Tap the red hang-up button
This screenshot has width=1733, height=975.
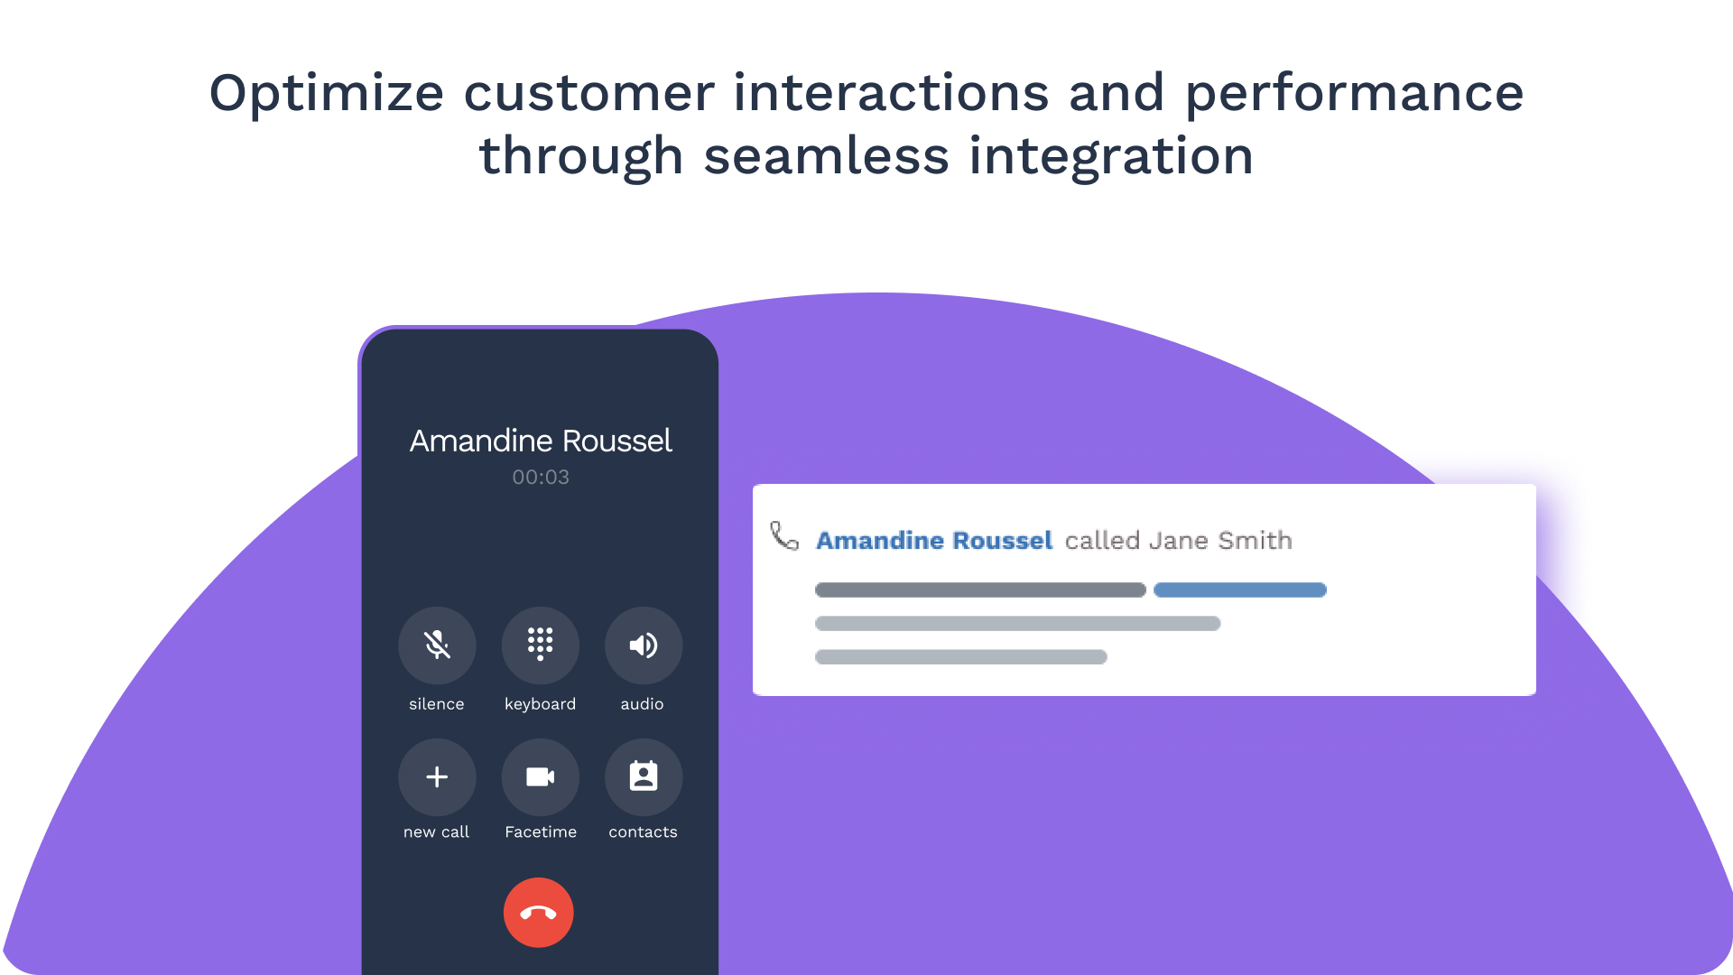pos(538,913)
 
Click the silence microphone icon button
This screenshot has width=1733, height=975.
pos(437,645)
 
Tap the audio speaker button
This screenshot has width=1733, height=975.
pos(644,645)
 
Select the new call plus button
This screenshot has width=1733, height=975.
pos(437,777)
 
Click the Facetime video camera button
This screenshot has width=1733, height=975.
pos(541,777)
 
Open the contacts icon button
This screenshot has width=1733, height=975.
pos(644,777)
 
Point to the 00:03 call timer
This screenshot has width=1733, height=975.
pos(541,478)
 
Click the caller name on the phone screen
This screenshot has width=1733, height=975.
pos(541,441)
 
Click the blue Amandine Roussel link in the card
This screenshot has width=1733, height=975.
pos(934,540)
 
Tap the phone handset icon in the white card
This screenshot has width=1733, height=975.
pos(784,535)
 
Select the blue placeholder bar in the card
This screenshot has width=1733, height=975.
pos(1240,590)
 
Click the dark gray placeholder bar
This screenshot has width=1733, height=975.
pos(980,590)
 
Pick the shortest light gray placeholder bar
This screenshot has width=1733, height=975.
pos(961,657)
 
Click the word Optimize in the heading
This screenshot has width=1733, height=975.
pos(327,94)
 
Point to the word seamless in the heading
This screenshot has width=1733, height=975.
pos(827,156)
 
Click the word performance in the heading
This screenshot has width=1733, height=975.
pos(1355,94)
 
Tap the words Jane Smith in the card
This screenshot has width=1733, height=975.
pos(1220,540)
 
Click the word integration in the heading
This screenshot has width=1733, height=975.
pos(1111,156)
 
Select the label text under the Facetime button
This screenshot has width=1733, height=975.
pos(541,832)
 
